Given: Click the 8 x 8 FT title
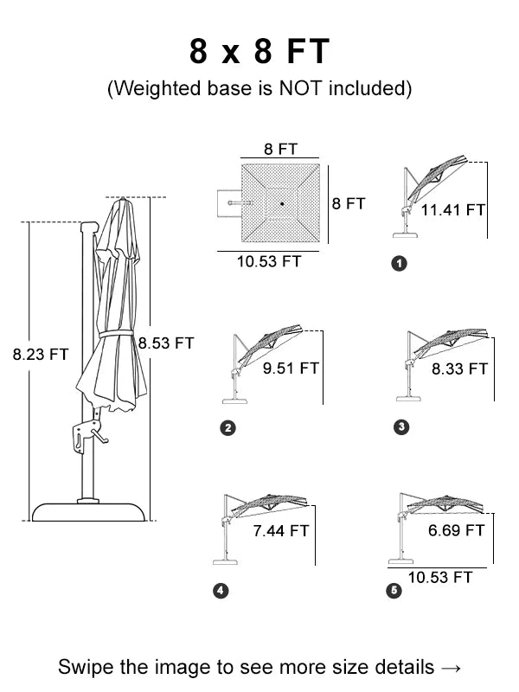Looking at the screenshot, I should click(x=259, y=52).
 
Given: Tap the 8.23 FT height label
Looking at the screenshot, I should click(x=41, y=354).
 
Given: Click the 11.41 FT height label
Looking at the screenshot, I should click(x=452, y=209).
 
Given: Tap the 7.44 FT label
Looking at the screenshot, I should click(x=280, y=530).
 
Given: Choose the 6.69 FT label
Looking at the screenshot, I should click(x=456, y=530).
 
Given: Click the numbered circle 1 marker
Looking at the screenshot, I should click(x=398, y=264).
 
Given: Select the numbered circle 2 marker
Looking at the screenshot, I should click(x=228, y=427).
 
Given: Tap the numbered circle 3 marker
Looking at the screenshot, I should click(x=400, y=426).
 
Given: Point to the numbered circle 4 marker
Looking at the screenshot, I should click(x=221, y=591).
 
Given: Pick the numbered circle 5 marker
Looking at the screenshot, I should click(x=395, y=591).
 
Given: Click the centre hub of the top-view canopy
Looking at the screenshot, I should click(x=281, y=205).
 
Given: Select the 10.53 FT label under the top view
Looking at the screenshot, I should click(x=268, y=261).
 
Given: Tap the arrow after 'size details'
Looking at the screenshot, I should click(x=451, y=667).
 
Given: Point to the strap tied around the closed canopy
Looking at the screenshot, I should click(x=121, y=334).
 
